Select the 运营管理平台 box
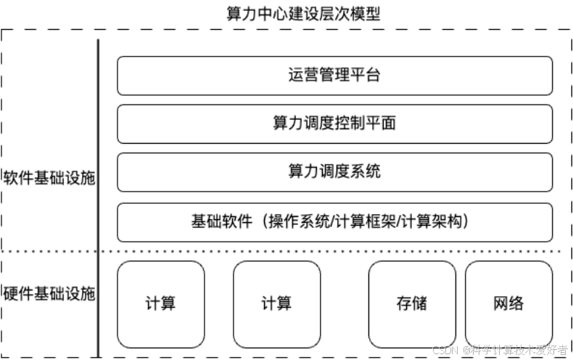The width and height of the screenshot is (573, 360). pyautogui.click(x=334, y=75)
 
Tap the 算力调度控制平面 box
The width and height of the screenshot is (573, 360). pyautogui.click(x=334, y=123)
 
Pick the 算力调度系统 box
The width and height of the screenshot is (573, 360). pyautogui.click(x=334, y=172)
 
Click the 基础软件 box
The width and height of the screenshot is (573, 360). pyautogui.click(x=334, y=221)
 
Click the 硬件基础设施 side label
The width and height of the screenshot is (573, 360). pyautogui.click(x=49, y=295)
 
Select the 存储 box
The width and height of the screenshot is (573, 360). pyautogui.click(x=412, y=303)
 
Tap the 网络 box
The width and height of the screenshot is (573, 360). pyautogui.click(x=508, y=303)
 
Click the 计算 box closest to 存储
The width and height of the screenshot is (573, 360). pyautogui.click(x=276, y=303)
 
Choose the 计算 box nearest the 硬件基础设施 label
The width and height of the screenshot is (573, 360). pyautogui.click(x=160, y=303)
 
